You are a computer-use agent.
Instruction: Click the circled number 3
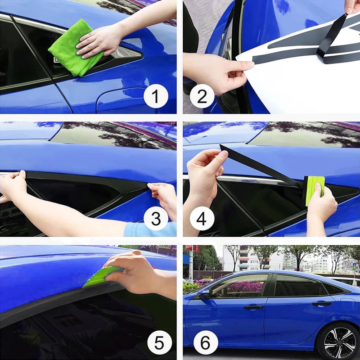tap(155, 220)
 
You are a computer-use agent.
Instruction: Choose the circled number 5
tap(155, 343)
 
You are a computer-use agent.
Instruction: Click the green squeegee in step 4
tap(315, 189)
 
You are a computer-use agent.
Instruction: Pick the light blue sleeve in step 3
tap(148, 229)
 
